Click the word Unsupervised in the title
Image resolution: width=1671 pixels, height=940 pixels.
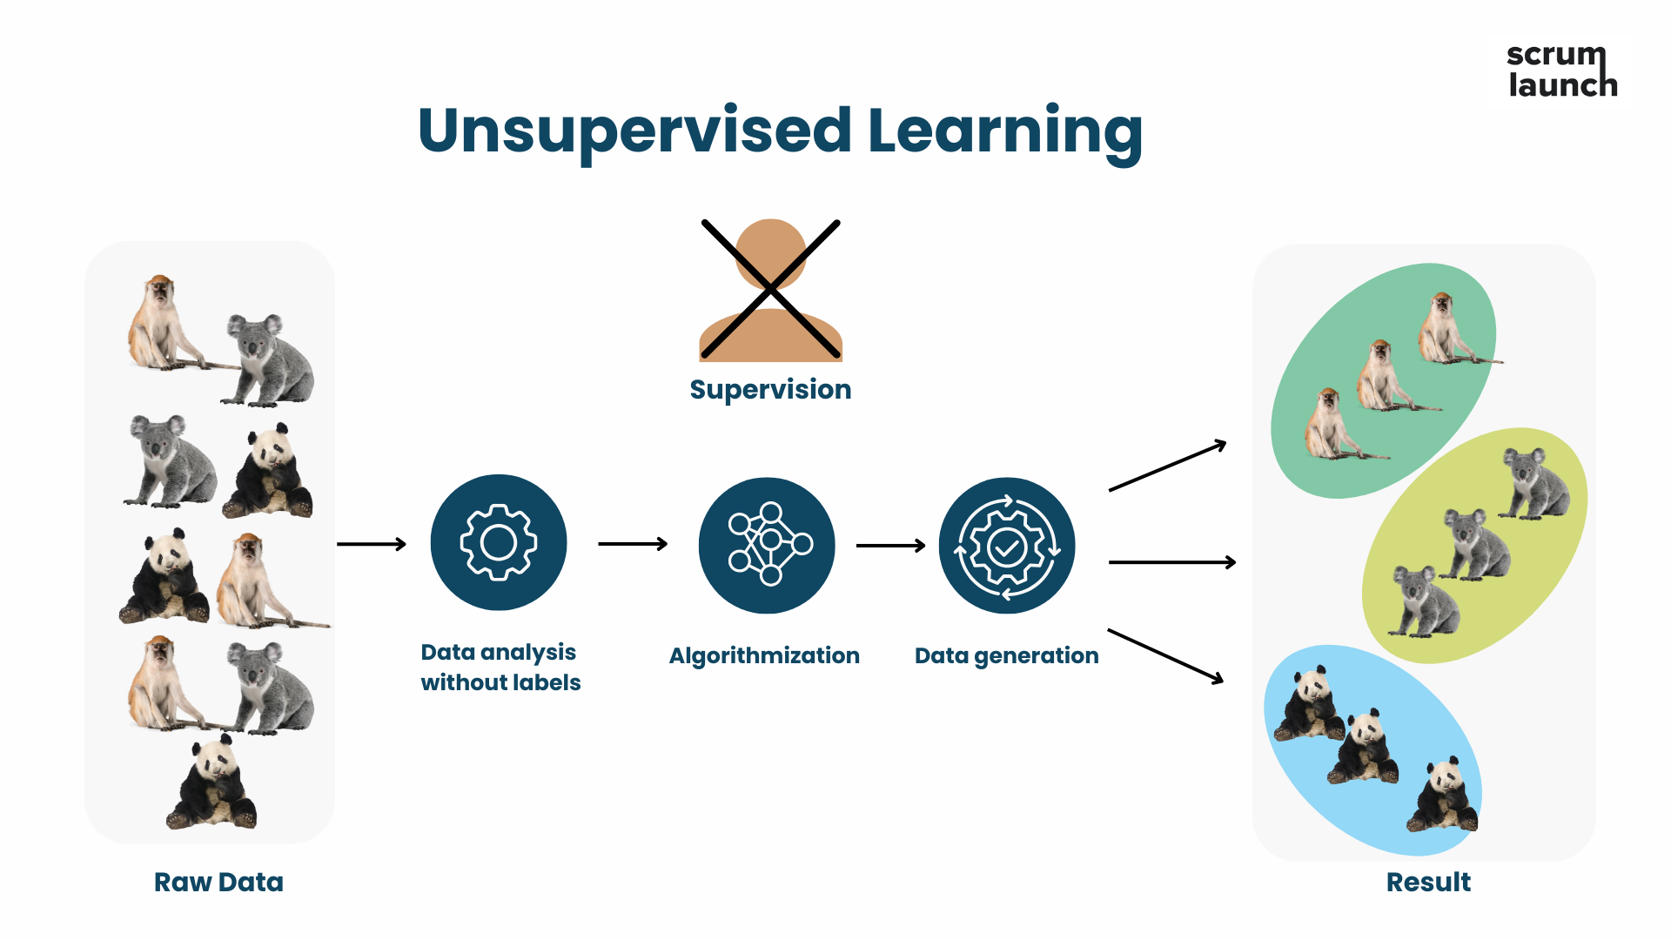634,131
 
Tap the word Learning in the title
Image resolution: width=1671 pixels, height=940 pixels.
1005,131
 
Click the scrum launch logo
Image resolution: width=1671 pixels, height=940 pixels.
1562,70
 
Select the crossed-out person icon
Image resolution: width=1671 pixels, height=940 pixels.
771,290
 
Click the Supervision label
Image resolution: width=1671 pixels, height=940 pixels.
770,389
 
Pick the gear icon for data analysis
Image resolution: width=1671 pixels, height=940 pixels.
499,542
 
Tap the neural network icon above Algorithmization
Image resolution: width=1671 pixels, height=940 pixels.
767,545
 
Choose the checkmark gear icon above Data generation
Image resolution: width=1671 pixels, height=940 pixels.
1007,545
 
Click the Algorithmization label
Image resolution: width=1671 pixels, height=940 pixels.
764,655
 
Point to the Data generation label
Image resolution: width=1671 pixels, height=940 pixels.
1007,655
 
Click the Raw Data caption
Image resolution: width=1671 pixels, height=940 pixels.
218,882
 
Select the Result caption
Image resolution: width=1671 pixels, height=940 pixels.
1428,882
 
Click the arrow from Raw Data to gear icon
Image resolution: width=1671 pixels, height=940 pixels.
372,544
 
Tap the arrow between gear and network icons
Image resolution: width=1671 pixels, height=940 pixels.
633,544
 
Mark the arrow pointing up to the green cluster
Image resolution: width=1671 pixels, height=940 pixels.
1168,466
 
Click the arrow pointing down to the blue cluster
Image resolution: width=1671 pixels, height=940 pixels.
1166,655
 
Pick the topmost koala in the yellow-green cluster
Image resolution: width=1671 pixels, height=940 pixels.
1536,483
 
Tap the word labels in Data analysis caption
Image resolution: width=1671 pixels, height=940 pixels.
546,682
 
